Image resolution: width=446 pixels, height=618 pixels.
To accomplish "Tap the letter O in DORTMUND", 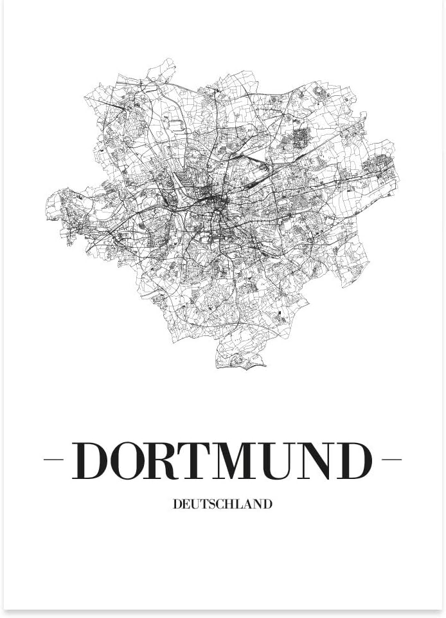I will click(130, 460).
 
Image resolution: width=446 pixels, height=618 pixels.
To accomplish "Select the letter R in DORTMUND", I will click(168, 460).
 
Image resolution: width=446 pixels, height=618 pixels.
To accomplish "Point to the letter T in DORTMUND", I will click(202, 460).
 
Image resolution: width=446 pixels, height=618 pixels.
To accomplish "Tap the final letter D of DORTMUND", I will click(355, 460).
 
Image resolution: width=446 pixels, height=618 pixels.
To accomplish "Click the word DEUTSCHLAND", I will click(222, 505).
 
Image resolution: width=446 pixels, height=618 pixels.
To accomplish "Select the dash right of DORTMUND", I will click(391, 460).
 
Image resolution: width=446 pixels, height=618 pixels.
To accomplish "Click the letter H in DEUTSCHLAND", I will click(229, 505).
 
